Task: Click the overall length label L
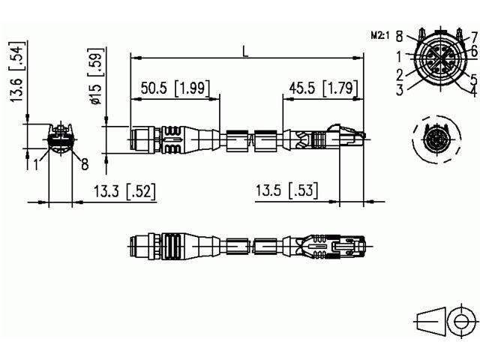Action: [x=245, y=51]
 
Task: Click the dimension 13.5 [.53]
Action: [x=285, y=192]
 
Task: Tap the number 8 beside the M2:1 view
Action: [x=400, y=35]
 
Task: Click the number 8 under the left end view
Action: [x=85, y=163]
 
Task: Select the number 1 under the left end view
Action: [x=35, y=163]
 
